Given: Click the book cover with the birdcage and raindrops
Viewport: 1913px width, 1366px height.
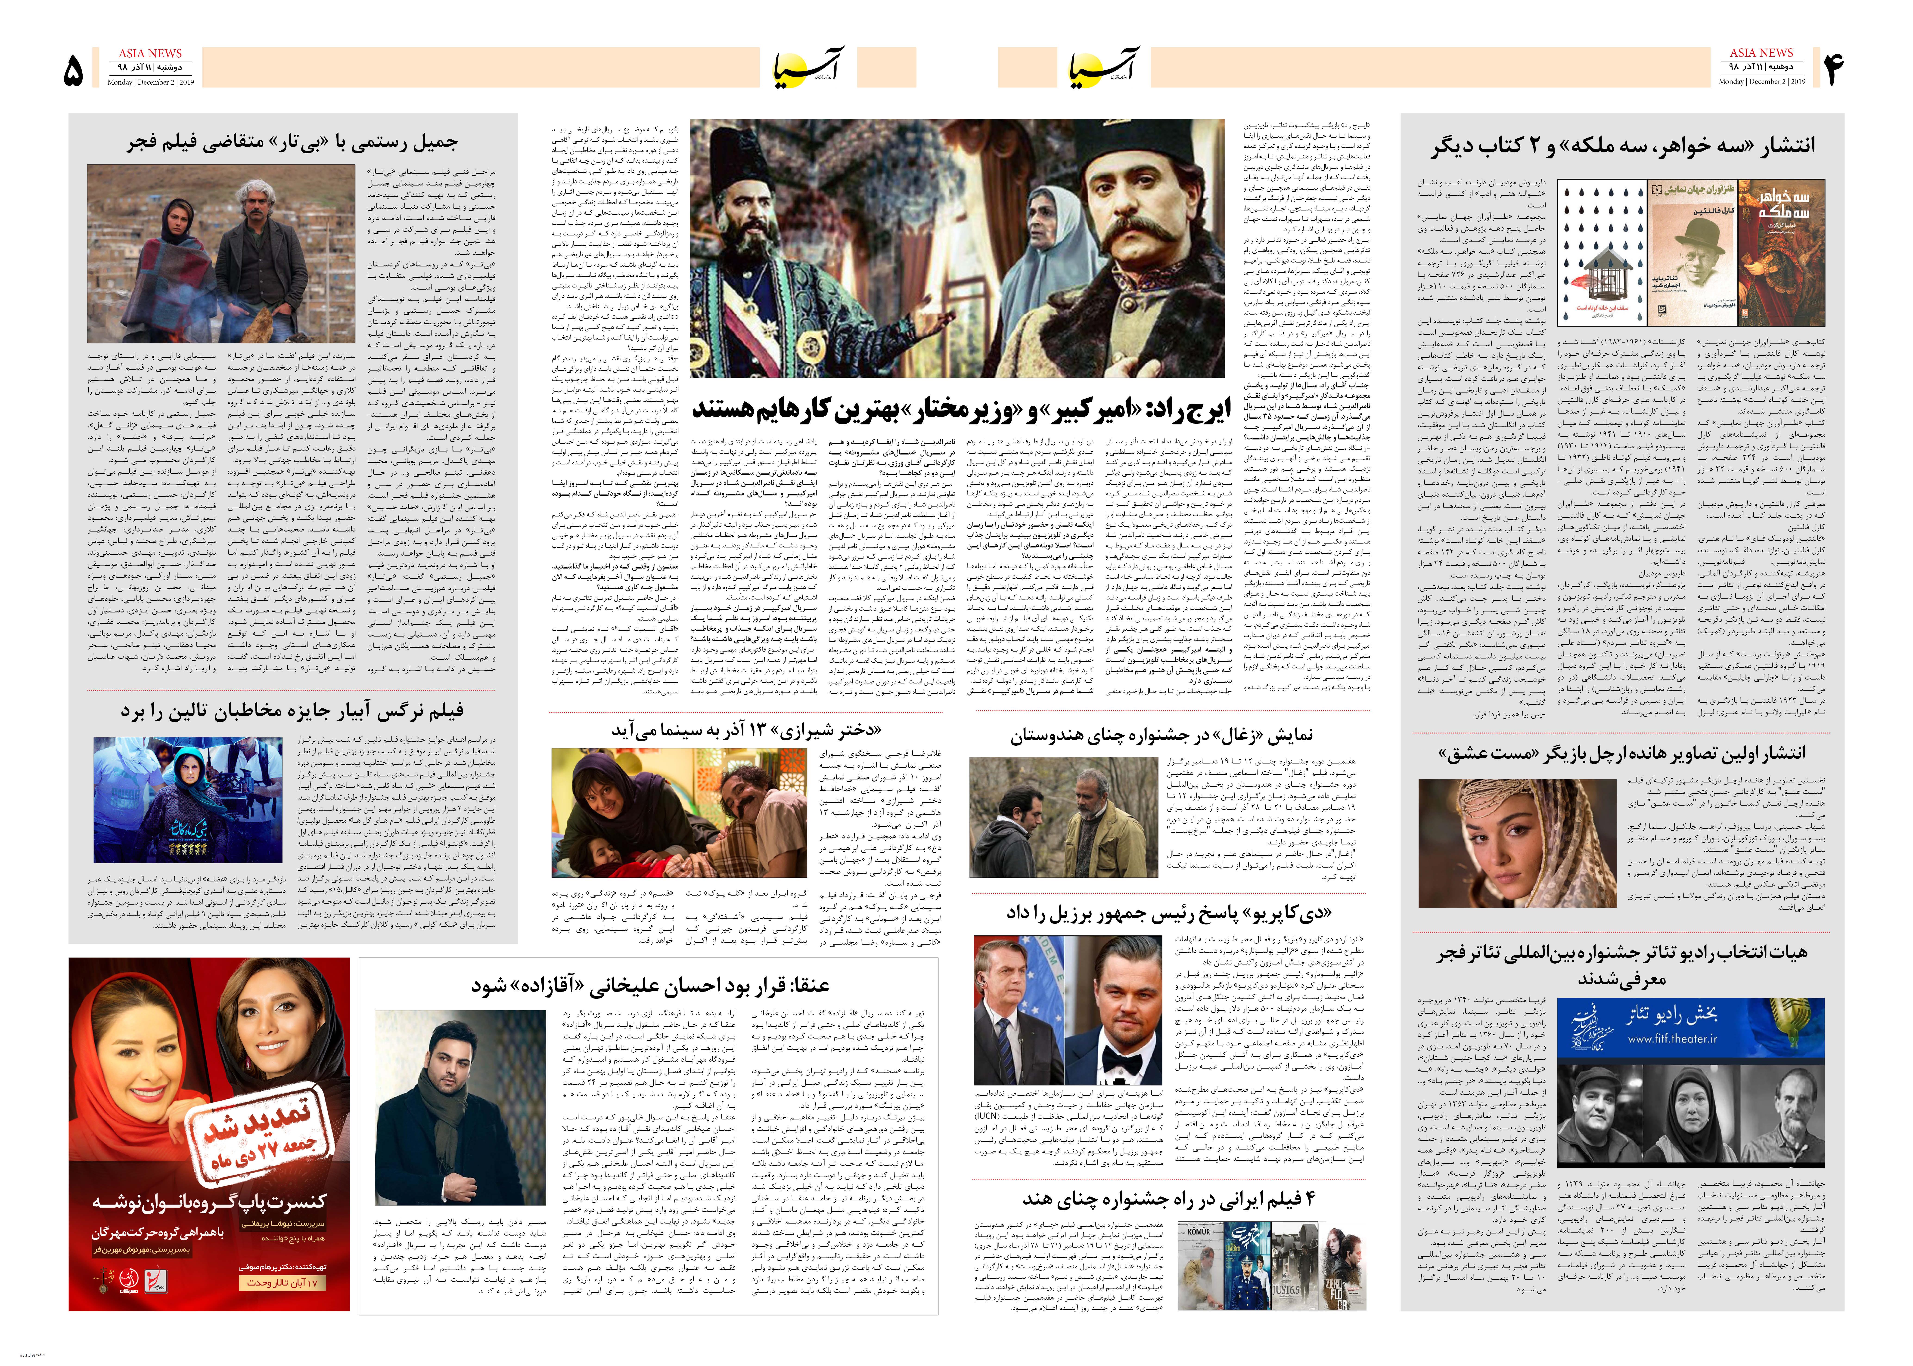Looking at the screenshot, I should click(x=1601, y=252).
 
